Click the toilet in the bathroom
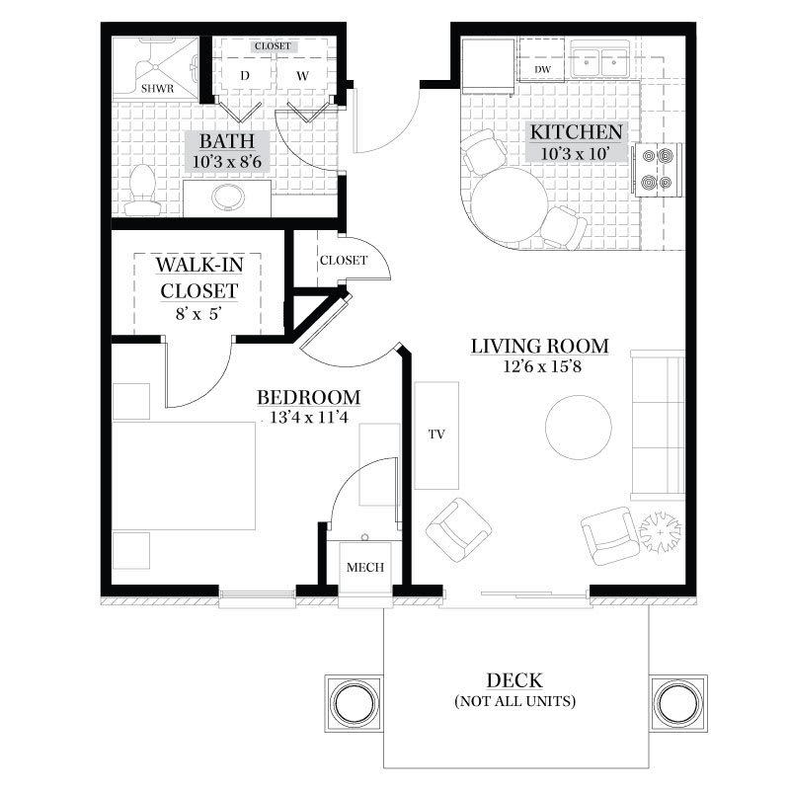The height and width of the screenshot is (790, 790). pos(142,190)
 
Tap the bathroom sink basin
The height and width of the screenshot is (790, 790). pos(228,197)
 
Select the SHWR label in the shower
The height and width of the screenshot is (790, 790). pos(157,89)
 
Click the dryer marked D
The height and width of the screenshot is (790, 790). pos(245,76)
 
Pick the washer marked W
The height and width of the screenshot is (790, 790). pos(302,76)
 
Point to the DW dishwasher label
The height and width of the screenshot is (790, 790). pos(542,69)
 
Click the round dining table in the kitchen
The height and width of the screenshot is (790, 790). pos(510,204)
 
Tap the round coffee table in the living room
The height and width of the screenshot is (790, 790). pos(579,428)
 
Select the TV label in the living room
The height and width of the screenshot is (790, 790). pos(436,434)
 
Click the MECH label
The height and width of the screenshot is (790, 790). pos(365,567)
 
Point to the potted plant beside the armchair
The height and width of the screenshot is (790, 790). pos(660,532)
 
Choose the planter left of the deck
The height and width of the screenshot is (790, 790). pos(355,703)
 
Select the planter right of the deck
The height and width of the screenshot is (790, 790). pos(678,703)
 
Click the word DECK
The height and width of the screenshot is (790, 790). pos(514,680)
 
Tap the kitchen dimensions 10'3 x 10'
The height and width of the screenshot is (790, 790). pos(575,153)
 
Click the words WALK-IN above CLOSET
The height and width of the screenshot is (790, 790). pos(199,265)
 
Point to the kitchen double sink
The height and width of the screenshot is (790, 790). pos(599,62)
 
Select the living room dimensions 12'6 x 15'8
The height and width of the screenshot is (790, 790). pos(542,366)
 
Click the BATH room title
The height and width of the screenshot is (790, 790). pos(227,141)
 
